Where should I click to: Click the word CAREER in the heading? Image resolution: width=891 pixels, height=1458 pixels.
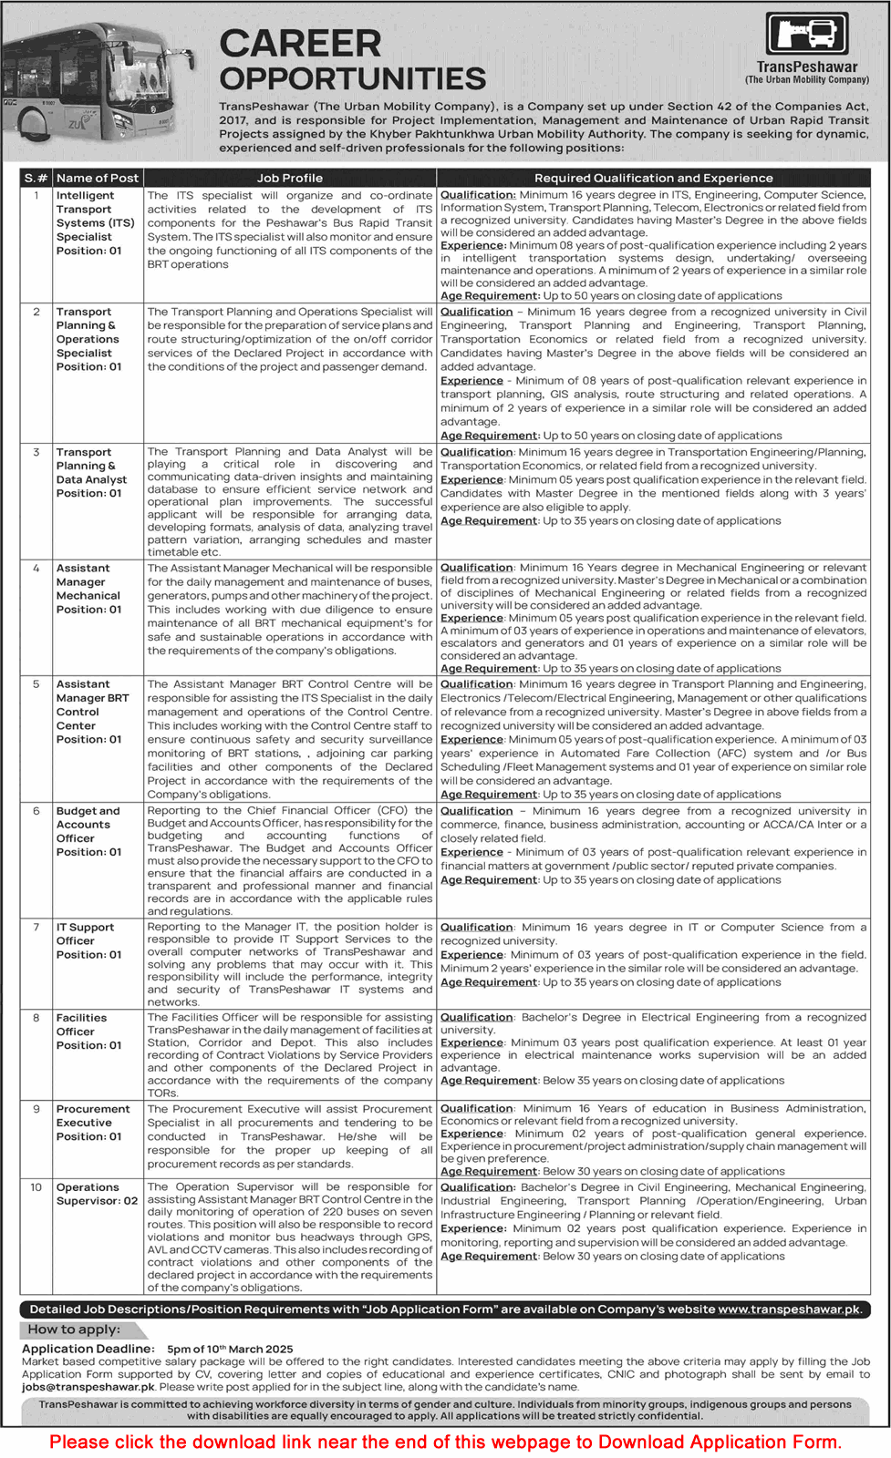click(300, 44)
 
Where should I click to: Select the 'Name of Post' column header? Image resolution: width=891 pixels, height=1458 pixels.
click(98, 178)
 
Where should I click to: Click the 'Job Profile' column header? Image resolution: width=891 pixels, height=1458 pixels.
click(289, 178)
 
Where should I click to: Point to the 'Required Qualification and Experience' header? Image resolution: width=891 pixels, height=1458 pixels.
click(653, 178)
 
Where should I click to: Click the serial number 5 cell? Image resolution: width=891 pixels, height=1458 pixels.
click(36, 684)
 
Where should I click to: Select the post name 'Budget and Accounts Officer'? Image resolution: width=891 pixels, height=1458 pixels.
click(88, 825)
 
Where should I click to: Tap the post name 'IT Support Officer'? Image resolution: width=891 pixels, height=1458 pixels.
click(86, 934)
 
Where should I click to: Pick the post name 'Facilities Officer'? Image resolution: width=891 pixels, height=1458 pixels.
click(82, 1024)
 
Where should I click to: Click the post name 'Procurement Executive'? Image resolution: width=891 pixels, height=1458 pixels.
click(93, 1115)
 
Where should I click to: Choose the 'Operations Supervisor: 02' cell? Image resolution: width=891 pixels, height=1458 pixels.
click(97, 1194)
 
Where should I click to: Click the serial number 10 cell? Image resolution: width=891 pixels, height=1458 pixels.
click(36, 1187)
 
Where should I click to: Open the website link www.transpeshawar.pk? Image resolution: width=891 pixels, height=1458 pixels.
click(789, 1309)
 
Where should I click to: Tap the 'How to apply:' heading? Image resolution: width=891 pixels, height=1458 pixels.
click(74, 1330)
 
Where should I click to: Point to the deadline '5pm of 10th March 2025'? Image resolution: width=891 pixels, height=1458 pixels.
click(230, 1349)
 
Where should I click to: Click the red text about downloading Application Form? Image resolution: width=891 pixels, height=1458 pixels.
click(445, 1442)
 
